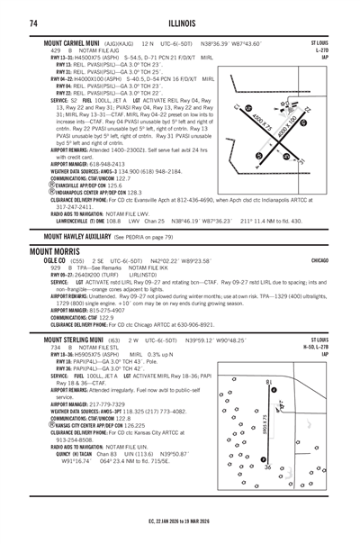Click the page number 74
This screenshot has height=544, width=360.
pos(33,23)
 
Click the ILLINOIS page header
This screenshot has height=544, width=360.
pos(182,23)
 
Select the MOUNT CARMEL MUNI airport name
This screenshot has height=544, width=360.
pos(71,43)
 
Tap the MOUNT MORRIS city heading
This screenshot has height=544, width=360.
pos(55,251)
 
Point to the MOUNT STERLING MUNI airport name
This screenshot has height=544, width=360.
pos(74,340)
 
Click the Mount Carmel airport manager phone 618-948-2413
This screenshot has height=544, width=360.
pos(107,164)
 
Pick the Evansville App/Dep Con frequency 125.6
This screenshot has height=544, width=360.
pos(115,186)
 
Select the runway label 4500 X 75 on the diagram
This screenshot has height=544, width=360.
pos(262,122)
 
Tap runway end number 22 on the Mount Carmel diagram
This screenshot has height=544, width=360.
pos(307,110)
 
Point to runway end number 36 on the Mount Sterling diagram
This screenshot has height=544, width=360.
pos(267,467)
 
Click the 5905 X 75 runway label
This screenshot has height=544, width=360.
pos(265,424)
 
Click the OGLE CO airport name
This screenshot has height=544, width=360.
pos(55,260)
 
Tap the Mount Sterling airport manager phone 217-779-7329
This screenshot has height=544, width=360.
pos(107,404)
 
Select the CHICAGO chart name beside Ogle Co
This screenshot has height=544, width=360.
pos(319,260)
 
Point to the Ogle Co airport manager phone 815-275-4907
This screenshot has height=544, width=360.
pos(107,311)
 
